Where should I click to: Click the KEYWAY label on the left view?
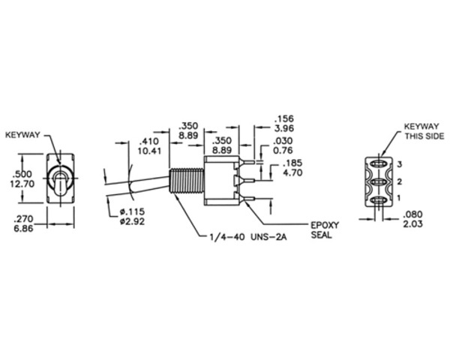pos(23,136)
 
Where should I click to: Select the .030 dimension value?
pos(283,140)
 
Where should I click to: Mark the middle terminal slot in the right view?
pos(380,181)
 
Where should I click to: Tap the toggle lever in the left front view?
pos(58,181)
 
